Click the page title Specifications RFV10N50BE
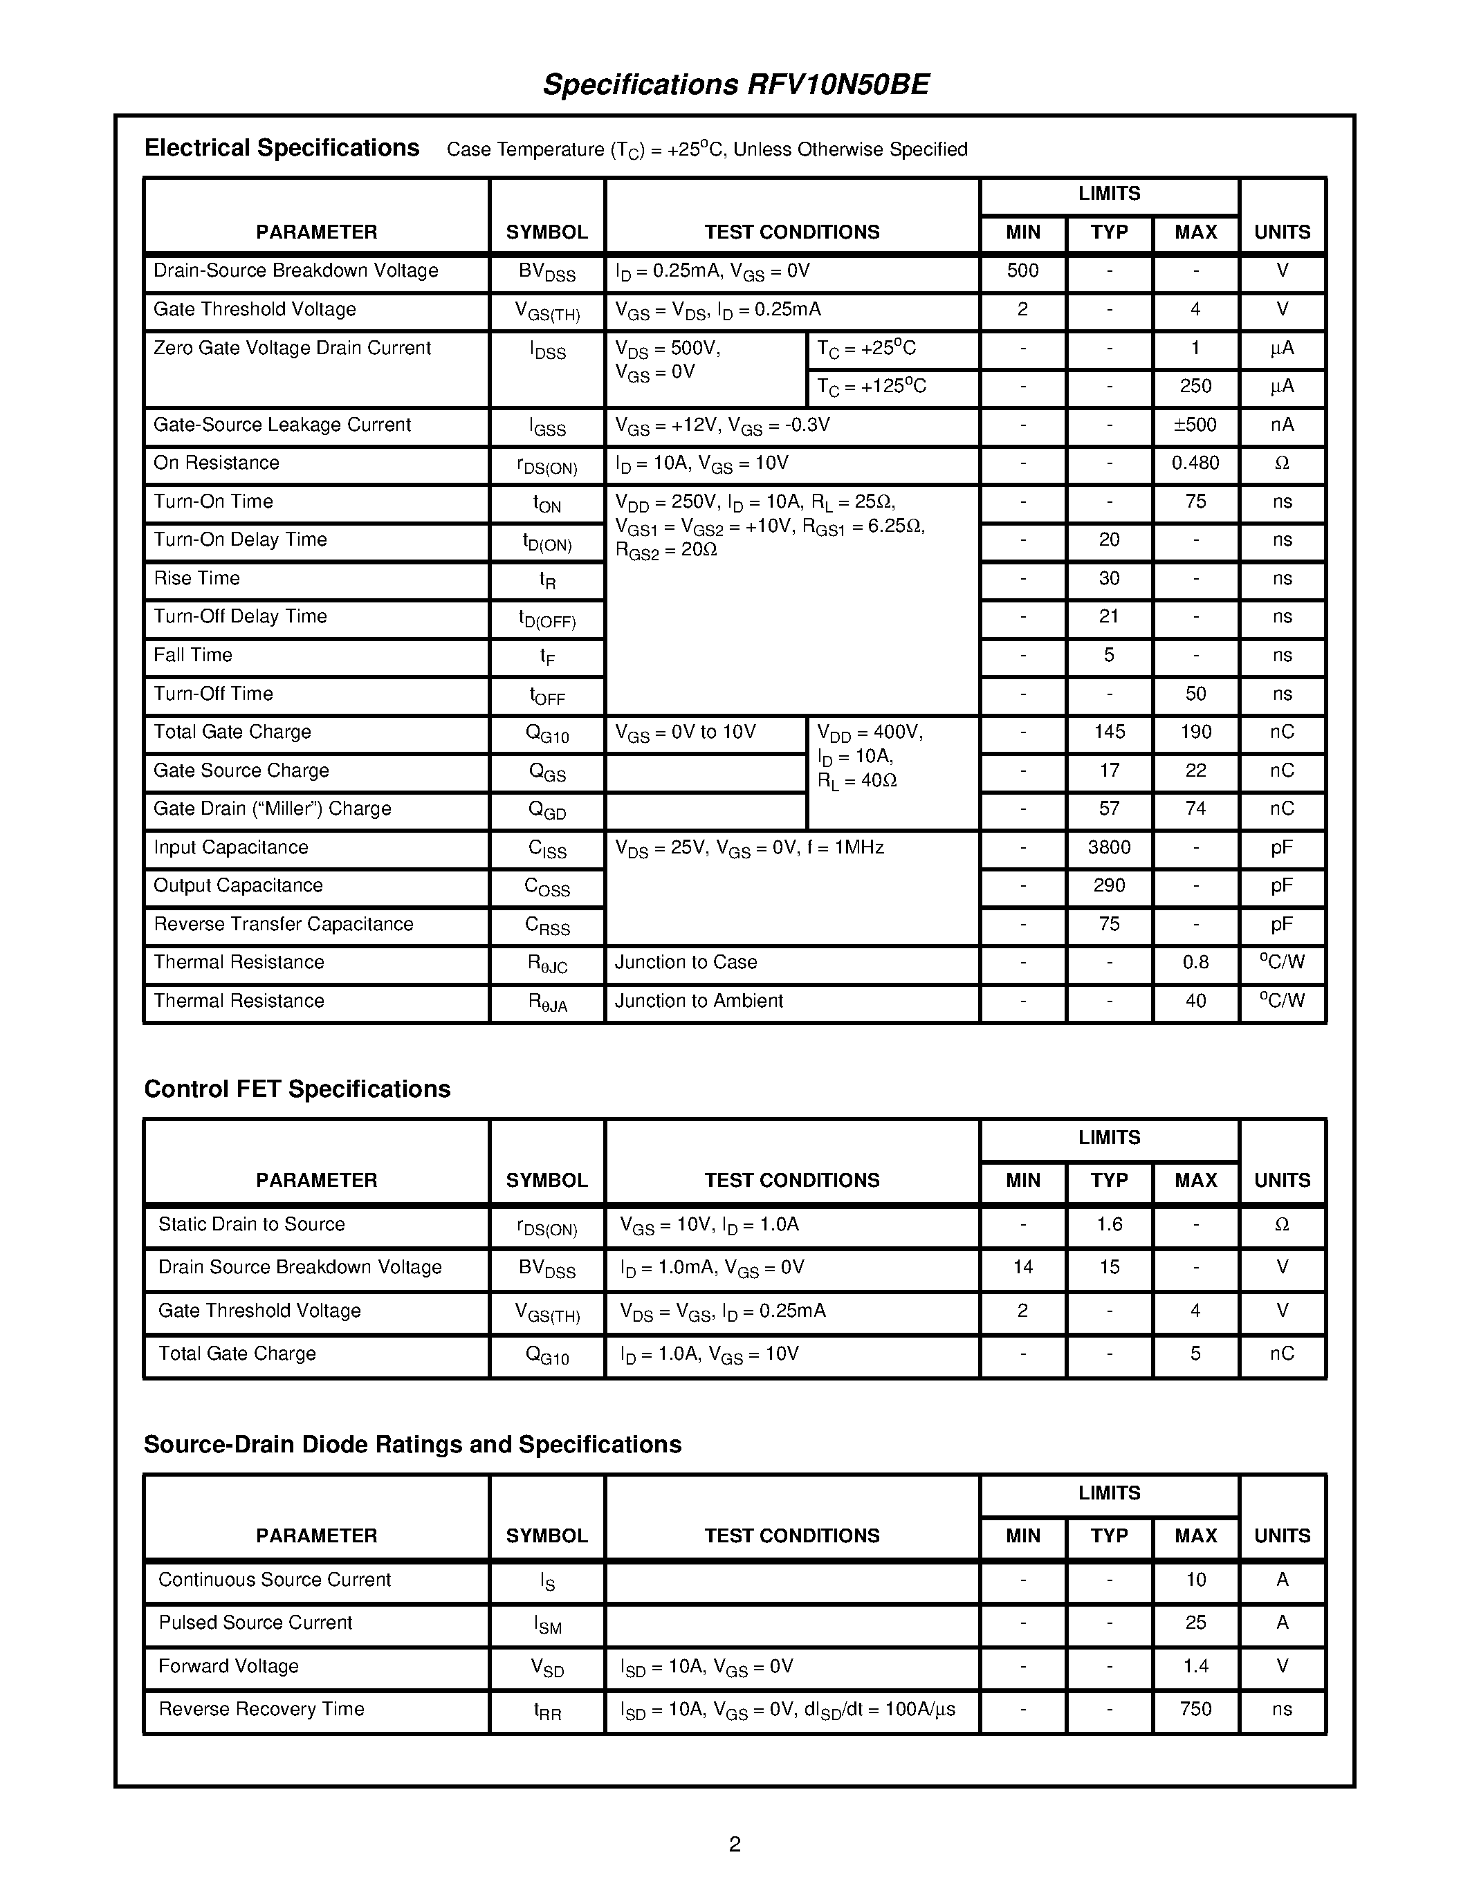point(736,84)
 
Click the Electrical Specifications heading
point(282,148)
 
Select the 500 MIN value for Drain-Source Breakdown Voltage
point(1022,271)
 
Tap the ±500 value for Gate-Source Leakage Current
point(1195,425)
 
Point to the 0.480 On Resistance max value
point(1195,463)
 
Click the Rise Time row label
point(197,578)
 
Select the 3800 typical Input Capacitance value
point(1109,847)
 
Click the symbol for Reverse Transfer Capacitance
point(547,925)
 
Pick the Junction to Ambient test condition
point(699,1001)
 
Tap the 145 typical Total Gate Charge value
point(1109,732)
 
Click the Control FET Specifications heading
point(297,1089)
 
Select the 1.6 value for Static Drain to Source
point(1109,1224)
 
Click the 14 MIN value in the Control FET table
point(1022,1267)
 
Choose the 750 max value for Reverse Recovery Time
point(1195,1710)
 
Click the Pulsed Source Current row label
point(255,1623)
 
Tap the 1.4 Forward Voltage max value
point(1195,1666)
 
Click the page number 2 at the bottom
point(734,1844)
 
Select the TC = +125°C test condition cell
point(871,387)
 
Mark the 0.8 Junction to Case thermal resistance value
point(1195,962)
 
